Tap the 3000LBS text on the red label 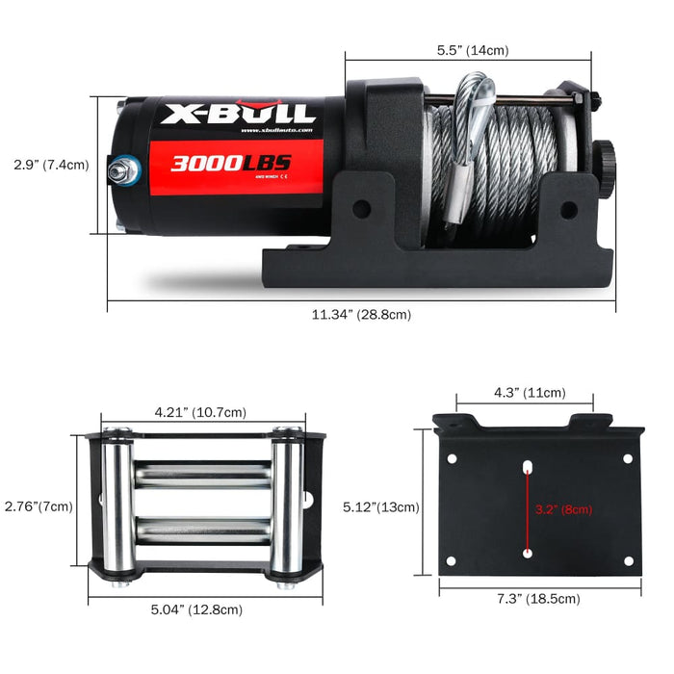231,163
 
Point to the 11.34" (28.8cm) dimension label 362,315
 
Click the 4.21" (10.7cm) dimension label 201,412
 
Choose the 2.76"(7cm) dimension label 38,506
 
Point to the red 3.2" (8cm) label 563,508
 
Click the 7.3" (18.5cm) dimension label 539,598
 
